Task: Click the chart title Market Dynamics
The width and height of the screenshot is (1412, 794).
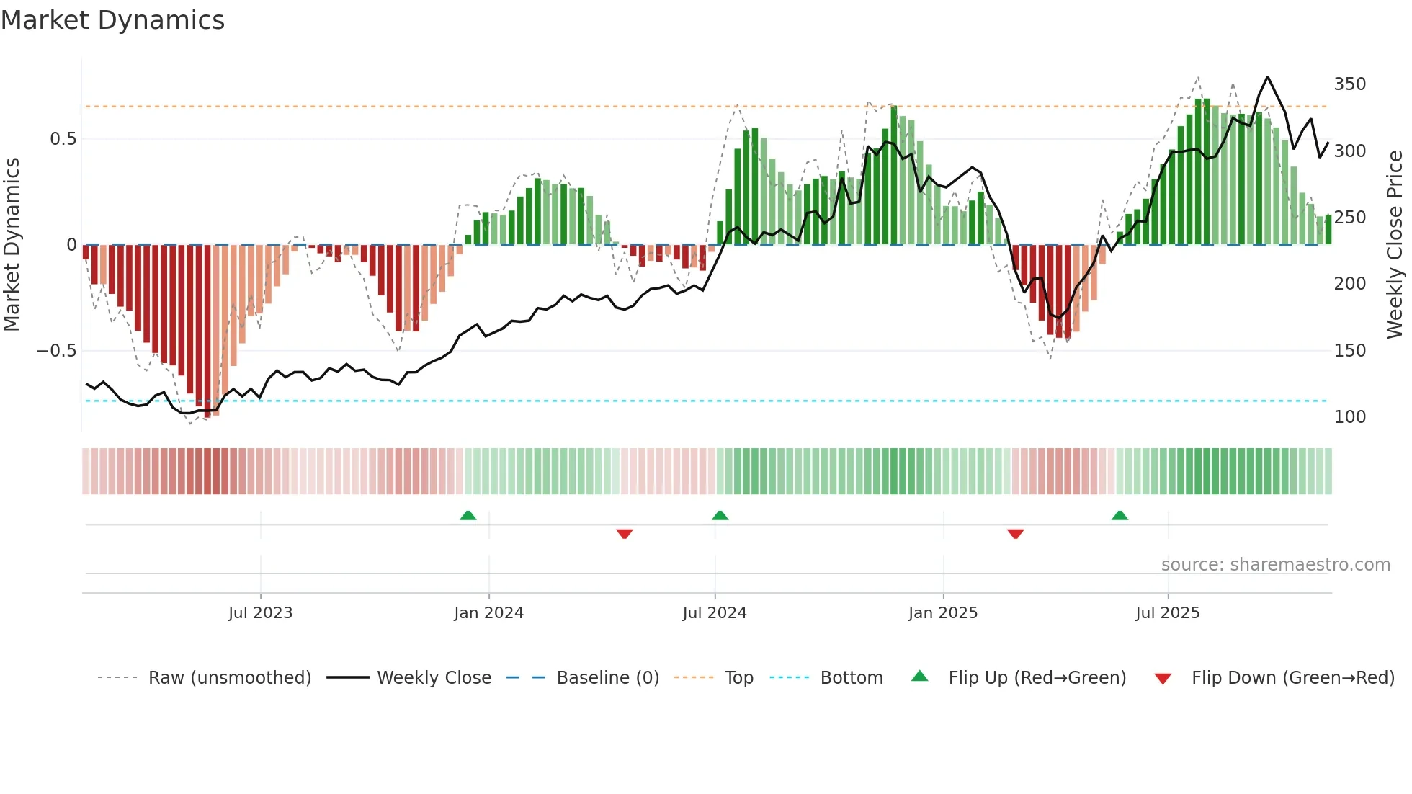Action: point(112,20)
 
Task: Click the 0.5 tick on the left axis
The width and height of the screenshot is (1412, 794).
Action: point(63,139)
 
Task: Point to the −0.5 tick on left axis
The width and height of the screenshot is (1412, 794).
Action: point(57,351)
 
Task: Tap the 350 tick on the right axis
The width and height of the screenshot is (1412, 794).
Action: point(1349,84)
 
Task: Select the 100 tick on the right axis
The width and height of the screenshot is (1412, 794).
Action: point(1349,417)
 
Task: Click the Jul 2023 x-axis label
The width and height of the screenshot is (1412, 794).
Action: point(260,613)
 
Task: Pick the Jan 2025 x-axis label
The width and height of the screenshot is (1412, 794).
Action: point(942,613)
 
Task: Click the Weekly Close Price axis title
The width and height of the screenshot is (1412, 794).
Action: point(1395,245)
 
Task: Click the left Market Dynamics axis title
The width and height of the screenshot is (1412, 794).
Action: point(12,245)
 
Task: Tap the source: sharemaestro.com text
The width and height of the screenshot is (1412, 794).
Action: point(1275,565)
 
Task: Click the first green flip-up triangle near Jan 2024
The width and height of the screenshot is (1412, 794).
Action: point(468,516)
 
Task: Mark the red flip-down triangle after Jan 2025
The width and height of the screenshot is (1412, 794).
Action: point(1016,534)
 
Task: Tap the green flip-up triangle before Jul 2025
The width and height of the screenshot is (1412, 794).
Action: point(1120,516)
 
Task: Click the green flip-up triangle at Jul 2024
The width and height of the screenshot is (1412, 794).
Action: point(720,516)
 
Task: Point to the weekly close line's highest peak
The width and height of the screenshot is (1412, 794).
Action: point(1268,77)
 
